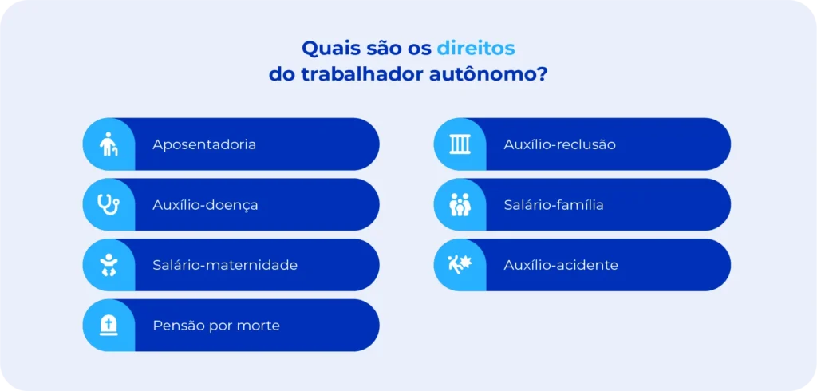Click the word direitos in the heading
point(476,48)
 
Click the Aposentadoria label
point(204,144)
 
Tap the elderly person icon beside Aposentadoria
point(109,144)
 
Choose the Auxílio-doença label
point(205,205)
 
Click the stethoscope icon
point(109,204)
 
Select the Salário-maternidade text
point(225,265)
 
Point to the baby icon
point(109,265)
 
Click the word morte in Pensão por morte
point(259,326)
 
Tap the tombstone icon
point(109,325)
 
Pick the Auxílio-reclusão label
point(559,144)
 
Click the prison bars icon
point(460,144)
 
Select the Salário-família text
point(554,205)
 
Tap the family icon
point(460,205)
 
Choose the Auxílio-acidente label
point(561,265)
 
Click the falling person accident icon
point(460,263)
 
